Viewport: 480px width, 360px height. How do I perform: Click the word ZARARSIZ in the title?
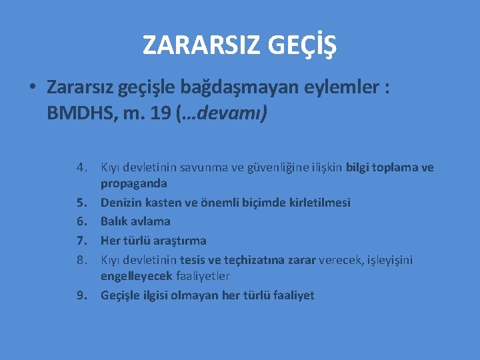click(x=193, y=45)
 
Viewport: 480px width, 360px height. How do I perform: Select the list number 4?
click(x=81, y=167)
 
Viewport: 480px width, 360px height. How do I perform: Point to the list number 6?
click(x=81, y=221)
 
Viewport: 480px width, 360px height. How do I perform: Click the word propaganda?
click(x=134, y=183)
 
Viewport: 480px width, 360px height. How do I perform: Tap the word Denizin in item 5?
click(x=120, y=203)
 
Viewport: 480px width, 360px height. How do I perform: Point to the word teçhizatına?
click(x=259, y=260)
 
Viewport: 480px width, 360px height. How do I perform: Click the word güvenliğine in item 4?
click(x=261, y=167)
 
